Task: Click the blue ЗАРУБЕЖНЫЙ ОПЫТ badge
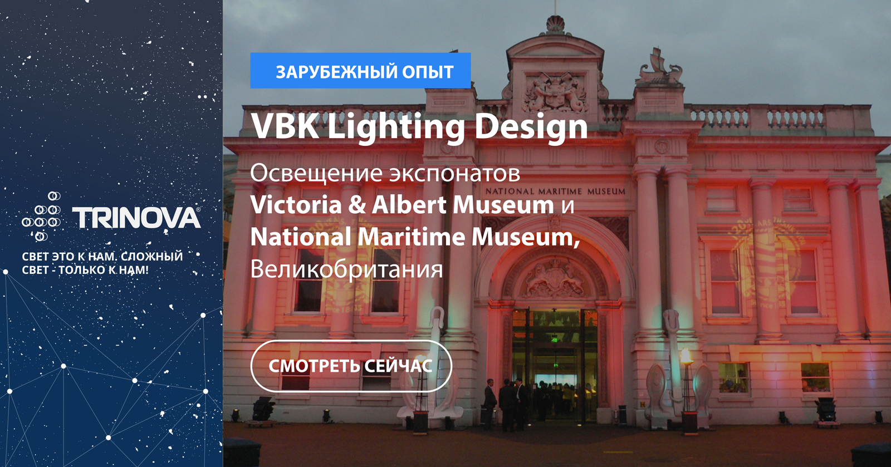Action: [360, 70]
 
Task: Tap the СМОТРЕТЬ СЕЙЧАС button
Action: [351, 366]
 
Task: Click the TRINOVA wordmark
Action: [136, 218]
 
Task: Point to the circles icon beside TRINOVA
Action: [41, 216]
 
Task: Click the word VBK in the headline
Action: [285, 126]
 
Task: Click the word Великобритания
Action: [346, 269]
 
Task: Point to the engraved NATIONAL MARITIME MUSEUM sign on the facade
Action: [555, 191]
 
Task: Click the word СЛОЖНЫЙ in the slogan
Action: [151, 257]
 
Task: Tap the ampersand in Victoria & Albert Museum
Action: [357, 205]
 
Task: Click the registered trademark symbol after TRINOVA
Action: [198, 209]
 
